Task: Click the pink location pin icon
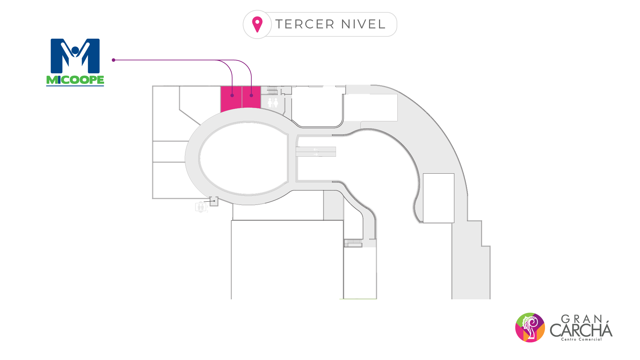257,24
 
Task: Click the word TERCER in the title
305,24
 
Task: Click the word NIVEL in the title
363,24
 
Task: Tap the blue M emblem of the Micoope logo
75,56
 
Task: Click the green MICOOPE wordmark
75,80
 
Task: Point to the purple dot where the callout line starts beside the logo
114,60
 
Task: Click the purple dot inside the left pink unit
232,96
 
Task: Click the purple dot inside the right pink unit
251,96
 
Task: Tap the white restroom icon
273,102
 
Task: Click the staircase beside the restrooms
272,90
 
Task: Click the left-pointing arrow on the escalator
315,149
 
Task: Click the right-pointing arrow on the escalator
316,154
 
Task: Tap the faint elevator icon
201,207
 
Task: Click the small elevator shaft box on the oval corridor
214,201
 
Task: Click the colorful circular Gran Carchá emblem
530,327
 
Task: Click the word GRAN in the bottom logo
582,319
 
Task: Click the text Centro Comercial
581,339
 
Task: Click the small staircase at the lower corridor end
353,243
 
